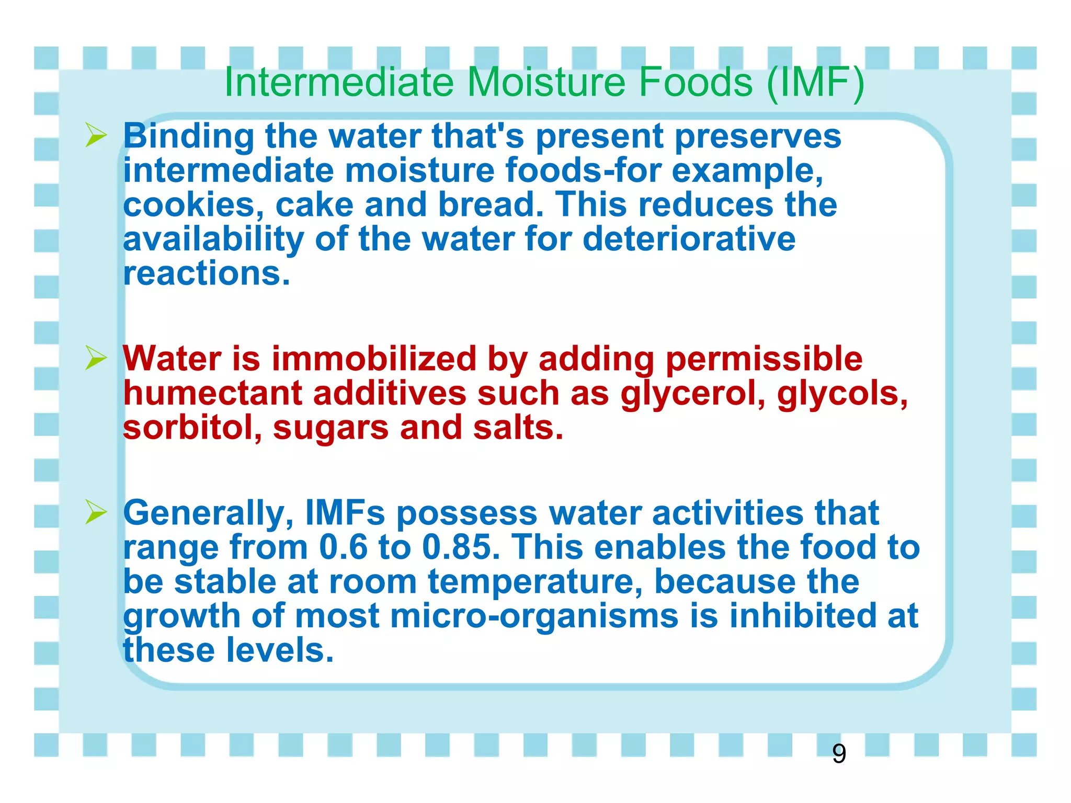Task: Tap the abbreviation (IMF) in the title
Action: tap(815, 83)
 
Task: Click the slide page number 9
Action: tap(839, 754)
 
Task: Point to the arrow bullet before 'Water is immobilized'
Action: tap(96, 359)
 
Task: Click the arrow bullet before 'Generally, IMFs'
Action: tap(96, 512)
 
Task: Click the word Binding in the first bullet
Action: tap(188, 137)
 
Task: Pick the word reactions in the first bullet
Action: tap(206, 273)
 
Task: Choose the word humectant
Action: tap(212, 393)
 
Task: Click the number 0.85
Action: tap(461, 547)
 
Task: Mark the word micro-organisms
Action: tap(534, 616)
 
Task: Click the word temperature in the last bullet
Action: tap(535, 582)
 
